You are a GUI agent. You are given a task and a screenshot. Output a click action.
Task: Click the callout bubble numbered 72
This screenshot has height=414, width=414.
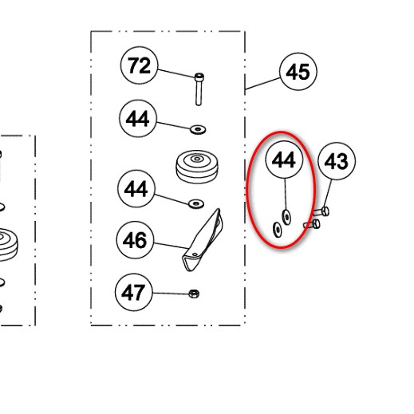(x=139, y=65)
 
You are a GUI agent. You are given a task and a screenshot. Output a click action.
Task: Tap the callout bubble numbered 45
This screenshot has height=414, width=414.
(x=298, y=72)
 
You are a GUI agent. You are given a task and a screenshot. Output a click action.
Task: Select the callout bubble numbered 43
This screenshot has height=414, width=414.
(x=337, y=161)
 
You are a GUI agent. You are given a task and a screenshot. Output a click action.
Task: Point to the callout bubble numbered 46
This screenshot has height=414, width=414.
(x=135, y=240)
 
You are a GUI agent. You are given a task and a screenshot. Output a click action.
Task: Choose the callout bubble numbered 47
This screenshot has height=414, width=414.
(x=134, y=292)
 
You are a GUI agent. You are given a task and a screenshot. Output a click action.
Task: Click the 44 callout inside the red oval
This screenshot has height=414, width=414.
(x=285, y=160)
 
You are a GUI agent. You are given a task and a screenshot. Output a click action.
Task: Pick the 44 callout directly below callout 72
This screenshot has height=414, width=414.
(x=138, y=119)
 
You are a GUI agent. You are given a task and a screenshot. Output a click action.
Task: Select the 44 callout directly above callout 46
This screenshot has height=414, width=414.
(x=136, y=188)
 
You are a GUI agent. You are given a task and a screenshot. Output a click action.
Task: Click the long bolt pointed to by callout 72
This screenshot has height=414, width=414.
(x=199, y=89)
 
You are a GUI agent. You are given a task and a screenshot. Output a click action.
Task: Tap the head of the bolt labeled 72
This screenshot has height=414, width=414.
(x=199, y=77)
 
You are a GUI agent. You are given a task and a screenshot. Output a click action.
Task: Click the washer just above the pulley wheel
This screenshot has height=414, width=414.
(x=198, y=130)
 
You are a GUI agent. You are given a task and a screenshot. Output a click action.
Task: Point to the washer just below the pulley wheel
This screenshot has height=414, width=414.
(x=196, y=204)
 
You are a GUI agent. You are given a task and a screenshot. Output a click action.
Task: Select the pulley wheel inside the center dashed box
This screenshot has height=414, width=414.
(x=197, y=167)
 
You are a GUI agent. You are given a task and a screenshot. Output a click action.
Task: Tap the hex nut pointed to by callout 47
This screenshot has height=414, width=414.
(x=194, y=294)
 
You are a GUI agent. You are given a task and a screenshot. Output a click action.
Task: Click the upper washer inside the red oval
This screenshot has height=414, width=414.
(x=286, y=217)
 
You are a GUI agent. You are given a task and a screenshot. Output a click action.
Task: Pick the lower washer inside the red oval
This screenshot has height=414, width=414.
(x=278, y=229)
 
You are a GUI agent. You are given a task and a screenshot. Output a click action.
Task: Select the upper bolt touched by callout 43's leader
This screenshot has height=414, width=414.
(x=321, y=211)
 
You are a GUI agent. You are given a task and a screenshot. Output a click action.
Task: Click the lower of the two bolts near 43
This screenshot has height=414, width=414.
(x=312, y=224)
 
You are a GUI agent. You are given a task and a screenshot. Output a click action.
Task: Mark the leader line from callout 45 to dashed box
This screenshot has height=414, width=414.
(x=262, y=84)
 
